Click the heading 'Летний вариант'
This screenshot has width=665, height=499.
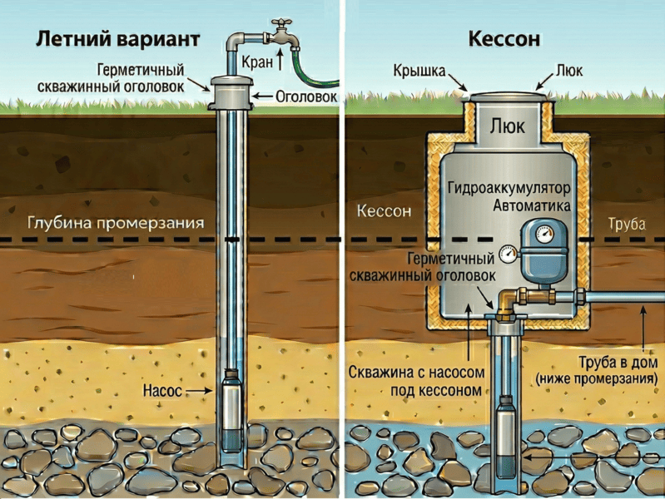(117, 39)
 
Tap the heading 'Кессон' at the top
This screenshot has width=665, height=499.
(504, 39)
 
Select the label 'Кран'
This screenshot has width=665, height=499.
(257, 62)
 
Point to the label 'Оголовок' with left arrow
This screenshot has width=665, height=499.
(306, 96)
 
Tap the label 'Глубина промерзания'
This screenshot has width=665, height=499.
(116, 224)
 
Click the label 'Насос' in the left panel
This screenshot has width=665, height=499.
(162, 390)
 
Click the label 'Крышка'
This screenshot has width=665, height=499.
(419, 71)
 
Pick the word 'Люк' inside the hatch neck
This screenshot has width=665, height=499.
(507, 126)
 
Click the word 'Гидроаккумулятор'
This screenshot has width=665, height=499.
(509, 188)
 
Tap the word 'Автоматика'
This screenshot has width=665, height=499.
(531, 205)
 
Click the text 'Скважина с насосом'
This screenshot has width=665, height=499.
(416, 373)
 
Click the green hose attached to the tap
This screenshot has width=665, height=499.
(313, 70)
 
